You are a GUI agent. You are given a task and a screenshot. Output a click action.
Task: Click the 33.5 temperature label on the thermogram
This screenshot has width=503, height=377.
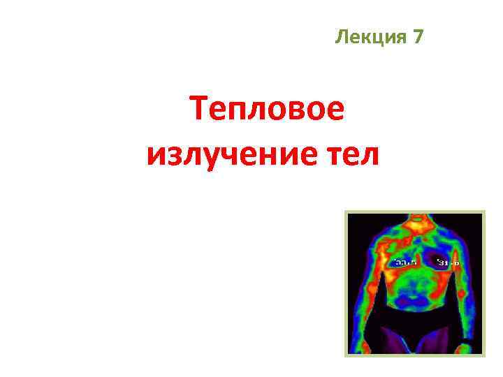(x=405, y=263)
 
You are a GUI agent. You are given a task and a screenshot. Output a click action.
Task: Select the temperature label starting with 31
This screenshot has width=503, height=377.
(x=448, y=263)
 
